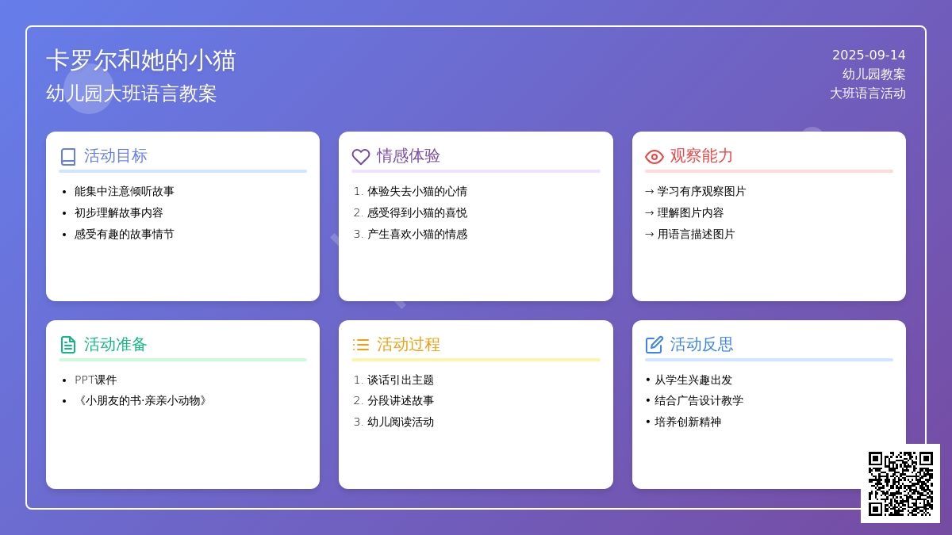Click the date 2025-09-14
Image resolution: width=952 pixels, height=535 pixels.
[x=869, y=55]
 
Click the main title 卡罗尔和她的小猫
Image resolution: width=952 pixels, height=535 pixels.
[x=140, y=60]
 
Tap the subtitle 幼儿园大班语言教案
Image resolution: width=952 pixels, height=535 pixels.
[x=132, y=94]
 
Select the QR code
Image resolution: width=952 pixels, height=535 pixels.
[x=900, y=483]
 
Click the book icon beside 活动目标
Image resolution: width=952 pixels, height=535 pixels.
[x=68, y=157]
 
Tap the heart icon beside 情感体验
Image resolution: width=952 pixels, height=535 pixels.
[x=361, y=157]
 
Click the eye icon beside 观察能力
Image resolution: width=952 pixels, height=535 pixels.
[x=654, y=157]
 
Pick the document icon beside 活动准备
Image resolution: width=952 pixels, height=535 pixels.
[x=68, y=345]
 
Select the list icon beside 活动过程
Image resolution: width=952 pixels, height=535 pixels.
[x=361, y=345]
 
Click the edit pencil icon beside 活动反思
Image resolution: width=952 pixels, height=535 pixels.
[x=654, y=345]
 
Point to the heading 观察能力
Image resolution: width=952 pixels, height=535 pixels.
[x=701, y=156]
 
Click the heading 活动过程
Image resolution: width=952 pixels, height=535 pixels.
[x=408, y=344]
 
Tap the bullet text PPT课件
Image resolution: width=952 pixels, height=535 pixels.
[x=96, y=380]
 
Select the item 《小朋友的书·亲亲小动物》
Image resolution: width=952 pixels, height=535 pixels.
[x=140, y=400]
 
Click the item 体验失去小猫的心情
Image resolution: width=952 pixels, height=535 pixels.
[x=417, y=191]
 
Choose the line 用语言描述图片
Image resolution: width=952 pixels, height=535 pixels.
[x=696, y=234]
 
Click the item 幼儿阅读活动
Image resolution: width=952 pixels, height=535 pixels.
[x=401, y=422]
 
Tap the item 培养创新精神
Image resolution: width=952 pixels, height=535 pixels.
[x=688, y=422]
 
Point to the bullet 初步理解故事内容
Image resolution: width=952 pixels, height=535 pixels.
[x=118, y=212]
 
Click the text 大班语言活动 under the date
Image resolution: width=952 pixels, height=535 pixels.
[x=867, y=94]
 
